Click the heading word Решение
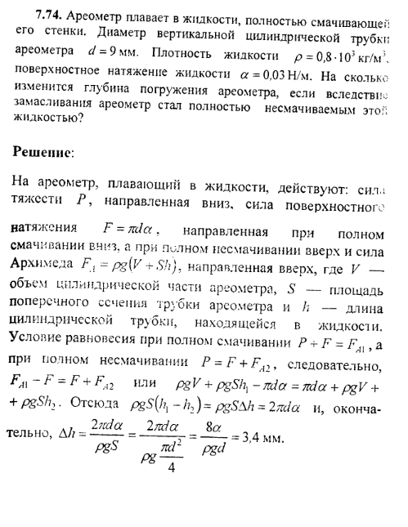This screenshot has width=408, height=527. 65,152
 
